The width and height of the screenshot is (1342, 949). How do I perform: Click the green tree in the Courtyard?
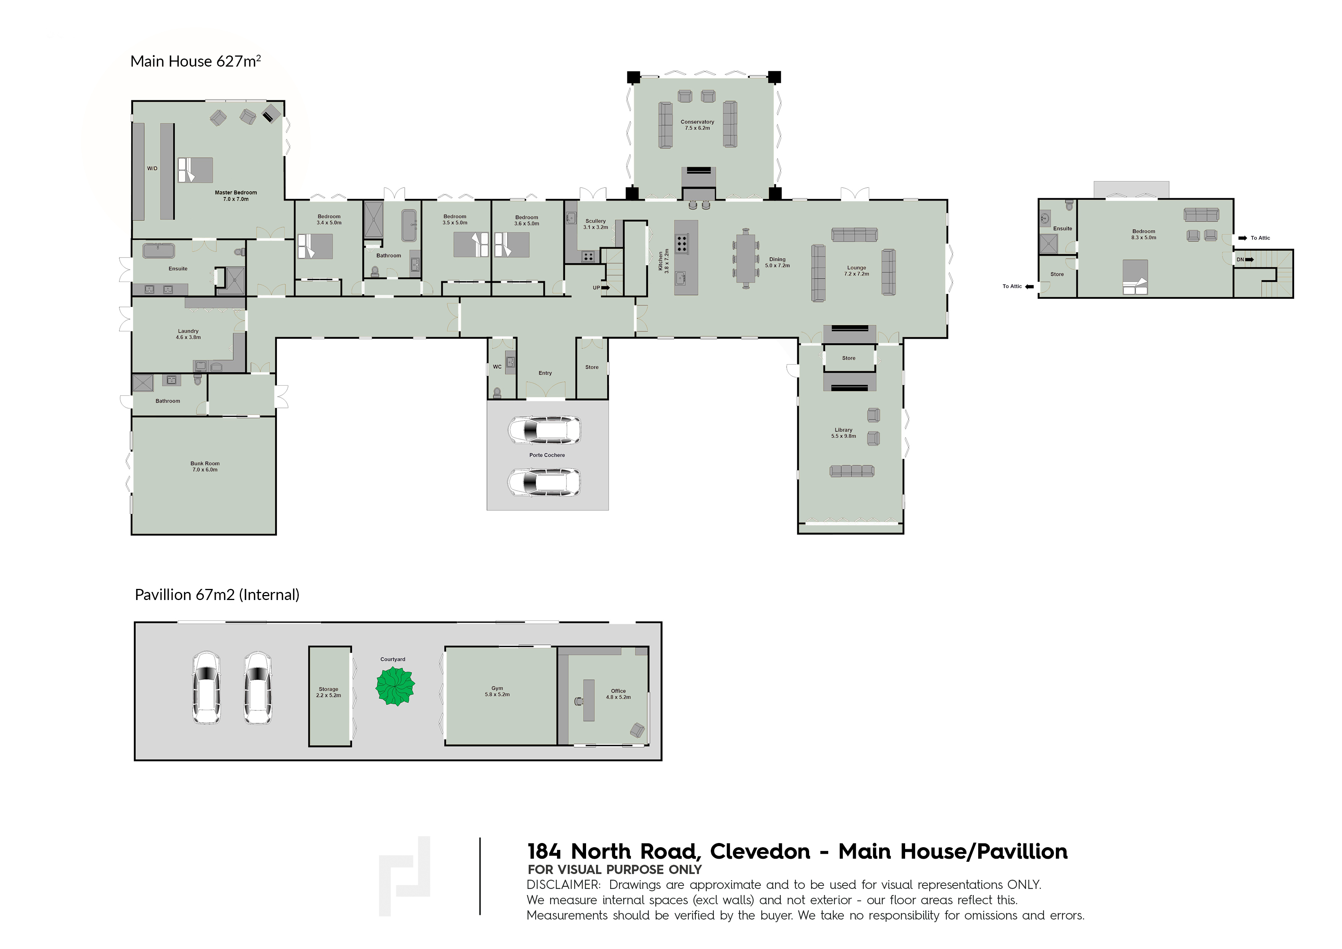click(x=395, y=686)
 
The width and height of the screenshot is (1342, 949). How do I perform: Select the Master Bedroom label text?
click(x=236, y=192)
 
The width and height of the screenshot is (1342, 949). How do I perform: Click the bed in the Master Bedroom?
click(x=195, y=170)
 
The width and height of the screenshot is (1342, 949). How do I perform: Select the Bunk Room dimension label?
click(x=205, y=470)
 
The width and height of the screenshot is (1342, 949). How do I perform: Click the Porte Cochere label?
click(x=547, y=455)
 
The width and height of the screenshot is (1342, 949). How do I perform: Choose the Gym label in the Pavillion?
click(x=497, y=688)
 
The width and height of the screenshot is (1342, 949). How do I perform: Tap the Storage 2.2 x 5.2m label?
click(x=329, y=692)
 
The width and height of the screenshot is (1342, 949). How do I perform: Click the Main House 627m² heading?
click(x=195, y=61)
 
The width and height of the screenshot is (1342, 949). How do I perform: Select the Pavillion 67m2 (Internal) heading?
click(x=217, y=595)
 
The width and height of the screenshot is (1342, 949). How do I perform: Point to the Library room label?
click(x=844, y=430)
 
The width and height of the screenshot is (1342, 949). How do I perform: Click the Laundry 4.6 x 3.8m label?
click(x=188, y=334)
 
